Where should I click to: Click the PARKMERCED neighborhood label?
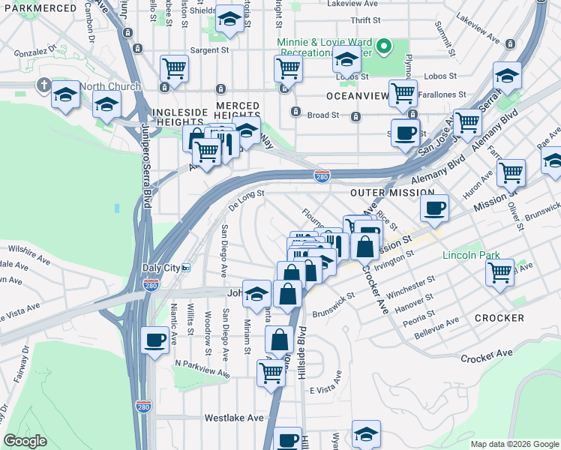point(38,8)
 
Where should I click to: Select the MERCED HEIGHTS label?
point(238,106)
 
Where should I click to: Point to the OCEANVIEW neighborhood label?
point(355,97)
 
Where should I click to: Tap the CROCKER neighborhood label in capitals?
point(499,318)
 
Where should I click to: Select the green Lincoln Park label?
point(470,255)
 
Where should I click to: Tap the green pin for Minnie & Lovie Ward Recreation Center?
point(383,47)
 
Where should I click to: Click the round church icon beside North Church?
point(44,85)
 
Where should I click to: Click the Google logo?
point(25,441)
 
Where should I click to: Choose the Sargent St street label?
point(208,50)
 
